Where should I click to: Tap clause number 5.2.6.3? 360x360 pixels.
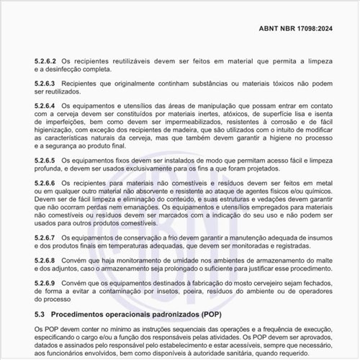[45, 85]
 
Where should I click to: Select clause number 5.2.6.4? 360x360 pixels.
[45, 107]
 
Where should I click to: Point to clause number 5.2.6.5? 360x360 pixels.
[45, 160]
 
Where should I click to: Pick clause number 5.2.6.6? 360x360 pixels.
[45, 184]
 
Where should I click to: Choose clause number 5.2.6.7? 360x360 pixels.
[45, 237]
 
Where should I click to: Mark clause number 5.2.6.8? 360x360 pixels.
[45, 260]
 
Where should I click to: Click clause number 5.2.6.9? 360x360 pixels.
[45, 284]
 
